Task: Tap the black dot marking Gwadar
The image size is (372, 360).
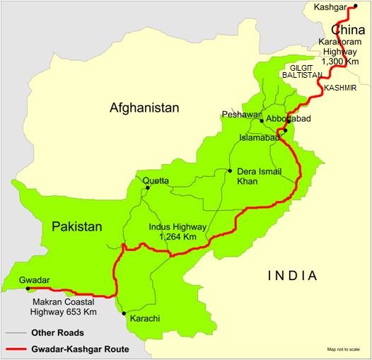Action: click(x=28, y=289)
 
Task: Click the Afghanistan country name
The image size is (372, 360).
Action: click(x=144, y=108)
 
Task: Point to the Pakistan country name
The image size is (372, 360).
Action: click(x=76, y=227)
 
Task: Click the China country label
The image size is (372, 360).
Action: click(x=347, y=30)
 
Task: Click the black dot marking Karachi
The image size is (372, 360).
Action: click(x=124, y=313)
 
